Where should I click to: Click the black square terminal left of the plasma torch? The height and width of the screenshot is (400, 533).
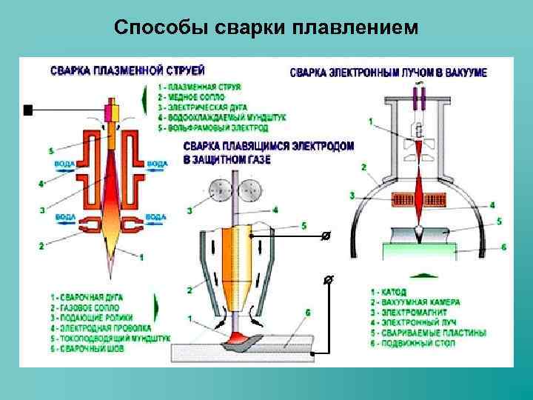click(x=28, y=111)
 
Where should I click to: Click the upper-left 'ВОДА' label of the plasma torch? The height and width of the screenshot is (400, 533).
click(x=64, y=163)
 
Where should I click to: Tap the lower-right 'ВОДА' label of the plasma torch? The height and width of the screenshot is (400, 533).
click(x=156, y=216)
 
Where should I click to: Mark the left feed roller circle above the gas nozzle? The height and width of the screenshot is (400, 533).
click(x=219, y=190)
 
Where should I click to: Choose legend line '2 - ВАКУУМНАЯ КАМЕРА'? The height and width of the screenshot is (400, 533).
click(x=415, y=302)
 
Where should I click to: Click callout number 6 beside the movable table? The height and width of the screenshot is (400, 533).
click(x=502, y=247)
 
